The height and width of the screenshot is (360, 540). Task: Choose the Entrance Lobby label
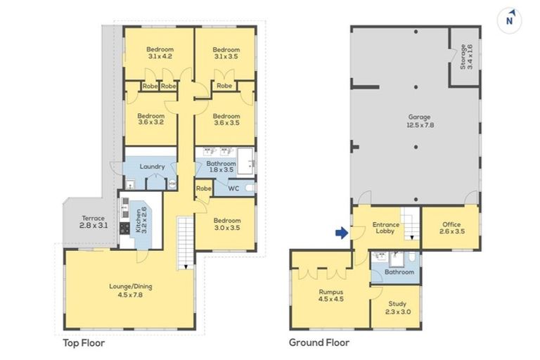coord(386,229)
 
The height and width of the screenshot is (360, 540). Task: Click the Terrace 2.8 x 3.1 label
coord(93,221)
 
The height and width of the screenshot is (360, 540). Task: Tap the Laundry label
coord(152,167)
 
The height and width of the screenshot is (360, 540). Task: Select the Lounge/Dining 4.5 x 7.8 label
coord(131,290)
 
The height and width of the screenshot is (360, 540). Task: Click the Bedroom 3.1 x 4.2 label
coord(160,53)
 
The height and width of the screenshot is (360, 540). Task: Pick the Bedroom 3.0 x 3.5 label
coord(227,224)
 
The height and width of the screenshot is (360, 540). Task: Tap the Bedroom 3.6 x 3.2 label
coord(150,120)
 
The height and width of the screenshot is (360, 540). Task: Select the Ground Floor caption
coord(319,343)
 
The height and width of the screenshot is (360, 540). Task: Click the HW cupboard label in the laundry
coord(172,184)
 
